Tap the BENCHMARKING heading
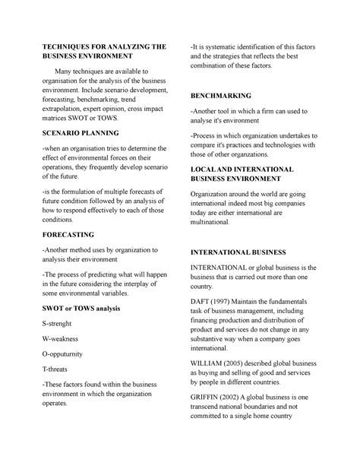click(x=220, y=99)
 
